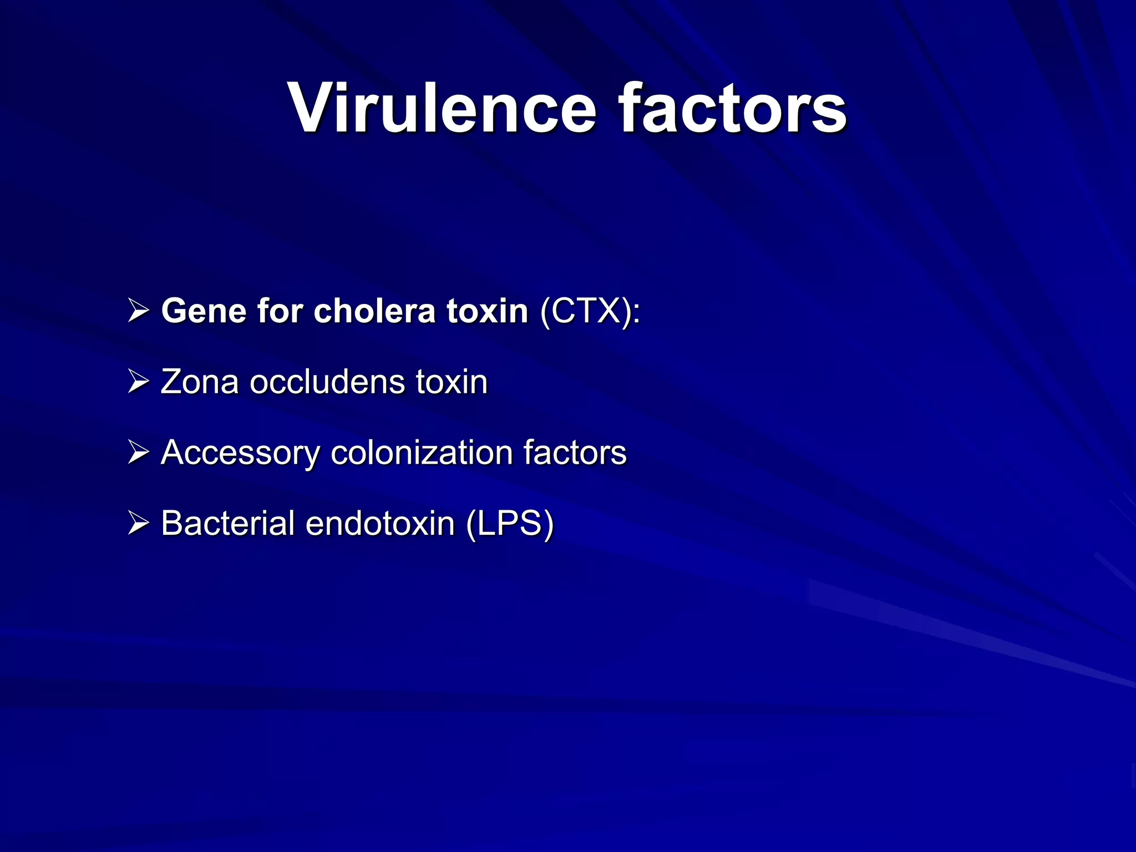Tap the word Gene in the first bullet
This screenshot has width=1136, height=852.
[x=204, y=311]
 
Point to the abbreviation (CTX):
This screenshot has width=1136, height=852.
[x=590, y=311]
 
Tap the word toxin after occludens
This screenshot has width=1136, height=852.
[x=452, y=382]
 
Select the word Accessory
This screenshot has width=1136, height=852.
[x=240, y=453]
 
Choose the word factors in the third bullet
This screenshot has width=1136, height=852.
[x=575, y=453]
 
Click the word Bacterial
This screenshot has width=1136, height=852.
[x=227, y=523]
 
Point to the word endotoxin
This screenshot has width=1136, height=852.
[x=380, y=523]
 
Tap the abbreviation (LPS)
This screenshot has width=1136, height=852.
[x=510, y=523]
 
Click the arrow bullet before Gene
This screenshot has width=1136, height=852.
[x=138, y=311]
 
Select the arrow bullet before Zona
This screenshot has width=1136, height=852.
[x=138, y=382]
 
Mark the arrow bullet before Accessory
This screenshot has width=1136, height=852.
[x=138, y=453]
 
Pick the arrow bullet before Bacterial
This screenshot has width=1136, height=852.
[x=138, y=523]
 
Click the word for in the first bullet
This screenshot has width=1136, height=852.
[x=280, y=311]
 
